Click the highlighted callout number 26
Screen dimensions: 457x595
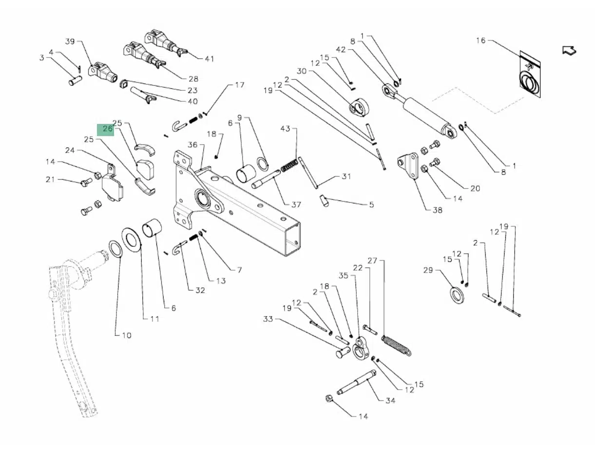click(107, 129)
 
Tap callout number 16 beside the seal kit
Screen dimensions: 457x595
click(480, 40)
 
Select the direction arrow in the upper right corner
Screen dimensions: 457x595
click(569, 50)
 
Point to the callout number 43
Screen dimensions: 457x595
click(285, 128)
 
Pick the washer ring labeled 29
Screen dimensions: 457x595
click(457, 295)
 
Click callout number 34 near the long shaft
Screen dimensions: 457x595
click(390, 401)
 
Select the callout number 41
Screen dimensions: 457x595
click(209, 59)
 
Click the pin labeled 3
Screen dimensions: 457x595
click(74, 79)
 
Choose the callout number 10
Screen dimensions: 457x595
click(126, 336)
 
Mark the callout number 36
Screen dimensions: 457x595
click(192, 145)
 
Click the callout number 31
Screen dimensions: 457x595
click(345, 176)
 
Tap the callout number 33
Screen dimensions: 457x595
click(268, 319)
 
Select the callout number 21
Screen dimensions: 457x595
click(50, 179)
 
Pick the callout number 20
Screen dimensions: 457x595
click(475, 189)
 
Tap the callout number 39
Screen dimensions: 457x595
click(70, 41)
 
